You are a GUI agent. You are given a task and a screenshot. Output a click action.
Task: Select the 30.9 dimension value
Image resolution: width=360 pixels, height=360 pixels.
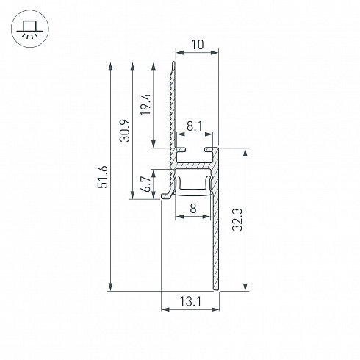click(x=124, y=131)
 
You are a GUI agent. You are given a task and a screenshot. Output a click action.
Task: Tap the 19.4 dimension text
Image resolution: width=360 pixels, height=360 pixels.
click(x=145, y=104)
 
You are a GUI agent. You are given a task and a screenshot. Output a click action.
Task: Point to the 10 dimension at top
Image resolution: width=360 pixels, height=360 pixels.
click(x=197, y=45)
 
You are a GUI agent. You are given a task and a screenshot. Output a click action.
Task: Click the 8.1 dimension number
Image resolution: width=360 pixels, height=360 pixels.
click(x=195, y=127)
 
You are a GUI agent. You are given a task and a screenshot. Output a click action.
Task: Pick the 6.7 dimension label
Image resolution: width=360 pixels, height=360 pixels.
click(x=147, y=184)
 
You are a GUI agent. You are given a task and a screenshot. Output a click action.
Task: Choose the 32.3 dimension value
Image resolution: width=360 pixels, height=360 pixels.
click(x=237, y=220)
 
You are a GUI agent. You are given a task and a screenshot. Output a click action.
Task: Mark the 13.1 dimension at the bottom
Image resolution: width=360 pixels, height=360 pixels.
click(x=190, y=301)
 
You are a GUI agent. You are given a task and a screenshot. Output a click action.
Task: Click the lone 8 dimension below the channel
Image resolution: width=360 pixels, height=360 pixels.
click(x=193, y=209)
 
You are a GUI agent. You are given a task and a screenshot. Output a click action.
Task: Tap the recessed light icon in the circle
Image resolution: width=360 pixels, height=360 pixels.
click(x=30, y=29)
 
